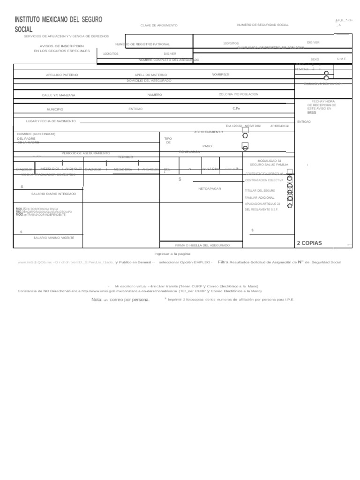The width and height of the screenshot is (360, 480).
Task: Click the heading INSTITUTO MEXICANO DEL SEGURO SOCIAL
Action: click(58, 24)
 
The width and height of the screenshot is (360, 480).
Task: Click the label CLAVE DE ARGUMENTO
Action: click(159, 25)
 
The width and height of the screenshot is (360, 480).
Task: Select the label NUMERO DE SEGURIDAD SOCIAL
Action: click(262, 25)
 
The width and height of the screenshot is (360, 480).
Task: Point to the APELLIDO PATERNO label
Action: click(62, 75)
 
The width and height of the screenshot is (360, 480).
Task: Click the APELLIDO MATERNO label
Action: click(150, 75)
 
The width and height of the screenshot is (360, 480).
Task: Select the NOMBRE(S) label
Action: click(220, 75)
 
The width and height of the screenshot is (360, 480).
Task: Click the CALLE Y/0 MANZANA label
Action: click(58, 95)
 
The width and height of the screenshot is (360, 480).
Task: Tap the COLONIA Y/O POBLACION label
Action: click(238, 94)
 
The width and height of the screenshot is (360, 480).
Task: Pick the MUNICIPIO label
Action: click(54, 109)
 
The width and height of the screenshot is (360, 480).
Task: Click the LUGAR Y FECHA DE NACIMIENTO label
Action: click(51, 121)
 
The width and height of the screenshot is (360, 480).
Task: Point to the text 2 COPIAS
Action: click(309, 243)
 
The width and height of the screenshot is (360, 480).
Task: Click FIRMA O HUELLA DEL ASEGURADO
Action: click(202, 246)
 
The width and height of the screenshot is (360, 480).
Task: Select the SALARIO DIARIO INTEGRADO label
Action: click(53, 194)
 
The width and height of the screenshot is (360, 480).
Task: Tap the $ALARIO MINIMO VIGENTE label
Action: click(54, 238)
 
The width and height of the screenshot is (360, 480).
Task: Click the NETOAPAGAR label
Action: click(210, 188)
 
